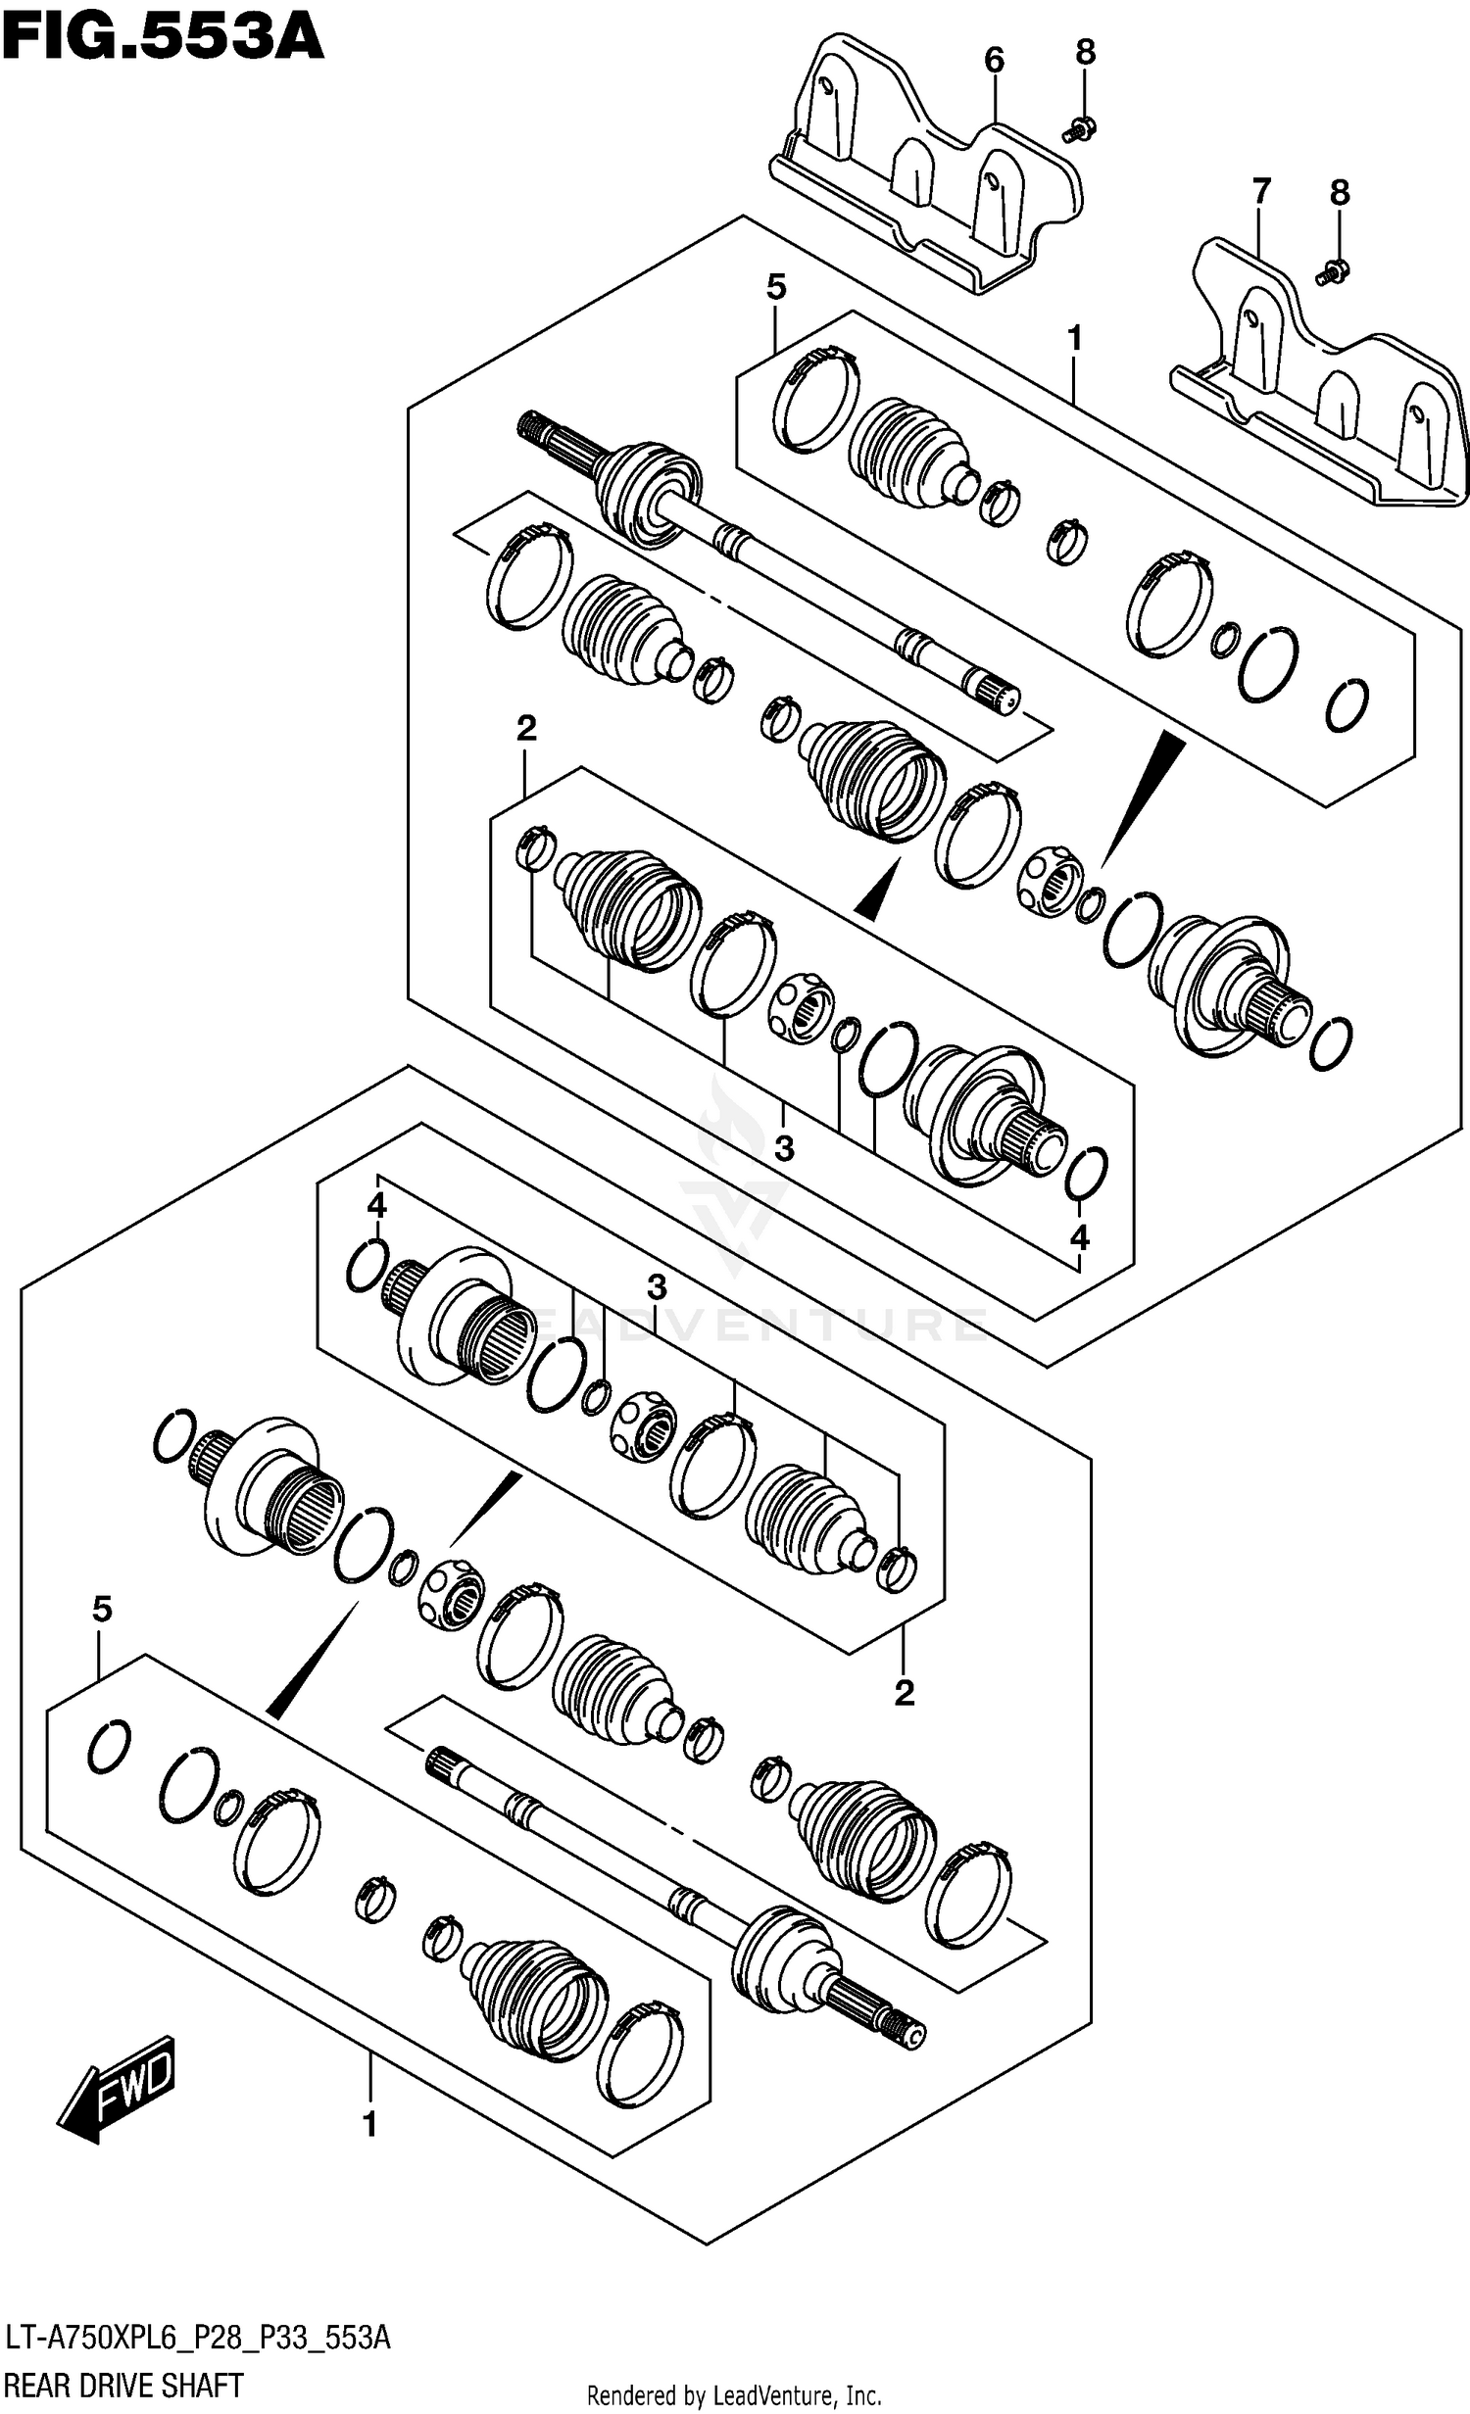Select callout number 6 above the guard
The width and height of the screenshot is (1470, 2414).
coord(994,61)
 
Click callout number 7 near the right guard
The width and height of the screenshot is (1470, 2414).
coord(1261,191)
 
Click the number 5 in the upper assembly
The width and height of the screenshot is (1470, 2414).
coord(775,288)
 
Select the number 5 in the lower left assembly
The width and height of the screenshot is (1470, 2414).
coord(102,1609)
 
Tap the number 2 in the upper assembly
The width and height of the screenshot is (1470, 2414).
coord(526,728)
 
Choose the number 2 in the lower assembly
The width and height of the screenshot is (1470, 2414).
coord(904,1692)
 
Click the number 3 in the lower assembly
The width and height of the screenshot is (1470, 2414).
coord(657,1287)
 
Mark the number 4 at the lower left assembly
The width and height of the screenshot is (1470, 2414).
coord(377,1207)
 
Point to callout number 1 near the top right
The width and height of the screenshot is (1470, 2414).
coord(1075,339)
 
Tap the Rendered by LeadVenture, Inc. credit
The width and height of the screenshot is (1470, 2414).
coord(733,2396)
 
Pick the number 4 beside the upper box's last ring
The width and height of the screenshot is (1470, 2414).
coord(1079,1237)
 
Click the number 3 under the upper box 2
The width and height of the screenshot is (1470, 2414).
coord(784,1148)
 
